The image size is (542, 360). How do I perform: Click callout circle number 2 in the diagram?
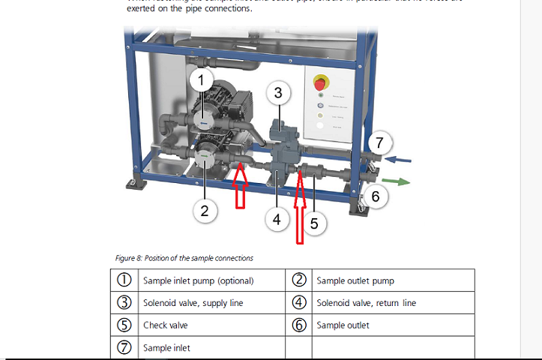point(205,211)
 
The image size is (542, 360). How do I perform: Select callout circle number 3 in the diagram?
point(278,93)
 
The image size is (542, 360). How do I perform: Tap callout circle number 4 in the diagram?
point(277,220)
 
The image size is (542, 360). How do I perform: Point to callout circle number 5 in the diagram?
point(315,223)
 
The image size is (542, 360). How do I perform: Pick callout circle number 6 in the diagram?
point(376,197)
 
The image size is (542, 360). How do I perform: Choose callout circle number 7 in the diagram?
point(379,142)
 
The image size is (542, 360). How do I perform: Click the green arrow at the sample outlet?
point(397,181)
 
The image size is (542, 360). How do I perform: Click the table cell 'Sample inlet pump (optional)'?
point(198,280)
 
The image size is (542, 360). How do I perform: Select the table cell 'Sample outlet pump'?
point(355,280)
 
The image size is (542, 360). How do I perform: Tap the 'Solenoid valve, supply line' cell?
point(193,303)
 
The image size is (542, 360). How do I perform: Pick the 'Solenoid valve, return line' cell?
point(366,303)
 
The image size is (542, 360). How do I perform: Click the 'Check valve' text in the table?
point(166,325)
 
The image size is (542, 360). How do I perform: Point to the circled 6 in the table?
point(299,325)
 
